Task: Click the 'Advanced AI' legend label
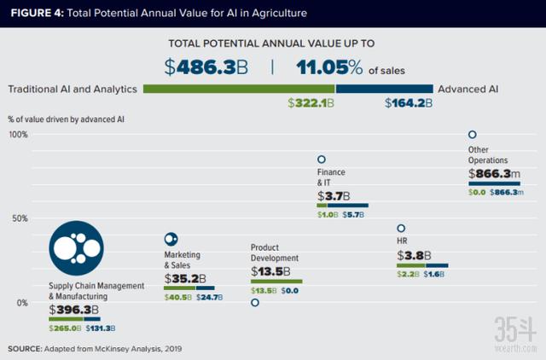[x=468, y=89]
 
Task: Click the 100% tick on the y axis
[x=19, y=135]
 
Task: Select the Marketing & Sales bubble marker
[x=170, y=240]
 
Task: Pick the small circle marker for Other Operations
[x=472, y=134]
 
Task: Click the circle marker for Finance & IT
[x=322, y=160]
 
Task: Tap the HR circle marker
[x=401, y=229]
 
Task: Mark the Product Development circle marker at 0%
[x=255, y=302]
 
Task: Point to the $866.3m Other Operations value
[x=495, y=174]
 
